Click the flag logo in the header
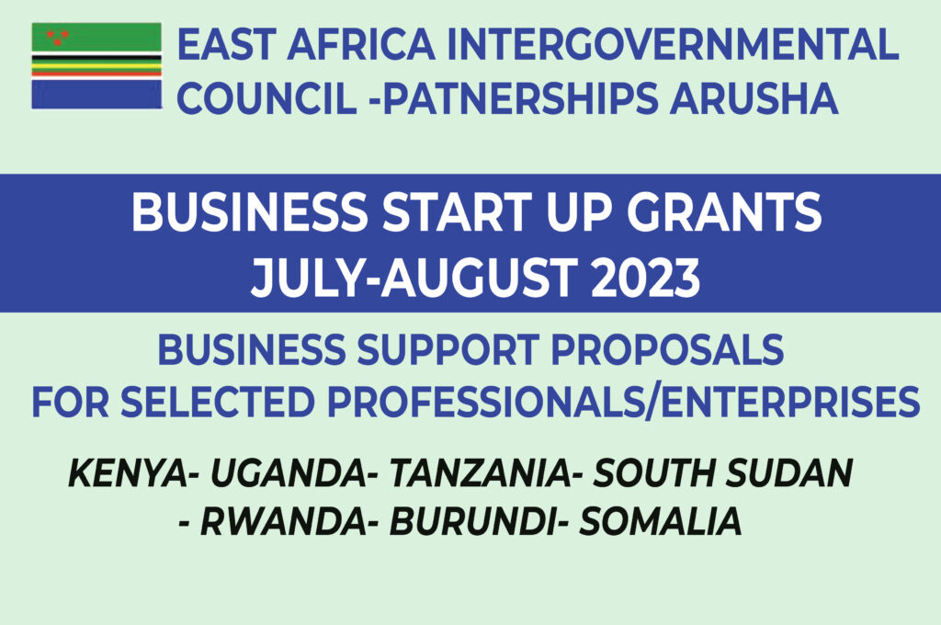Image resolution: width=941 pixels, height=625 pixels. (x=96, y=66)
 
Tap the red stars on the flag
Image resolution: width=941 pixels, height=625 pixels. (x=58, y=37)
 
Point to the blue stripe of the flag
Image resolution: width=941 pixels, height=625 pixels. (x=96, y=95)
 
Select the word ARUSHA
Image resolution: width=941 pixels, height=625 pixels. (x=754, y=98)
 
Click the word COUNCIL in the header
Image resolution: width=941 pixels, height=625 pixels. (x=267, y=98)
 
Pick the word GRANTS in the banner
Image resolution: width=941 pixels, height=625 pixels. (x=724, y=212)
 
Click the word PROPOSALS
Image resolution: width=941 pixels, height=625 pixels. (x=667, y=350)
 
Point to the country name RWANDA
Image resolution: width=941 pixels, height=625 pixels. (x=283, y=521)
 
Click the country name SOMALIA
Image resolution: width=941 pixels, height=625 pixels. (x=660, y=521)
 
